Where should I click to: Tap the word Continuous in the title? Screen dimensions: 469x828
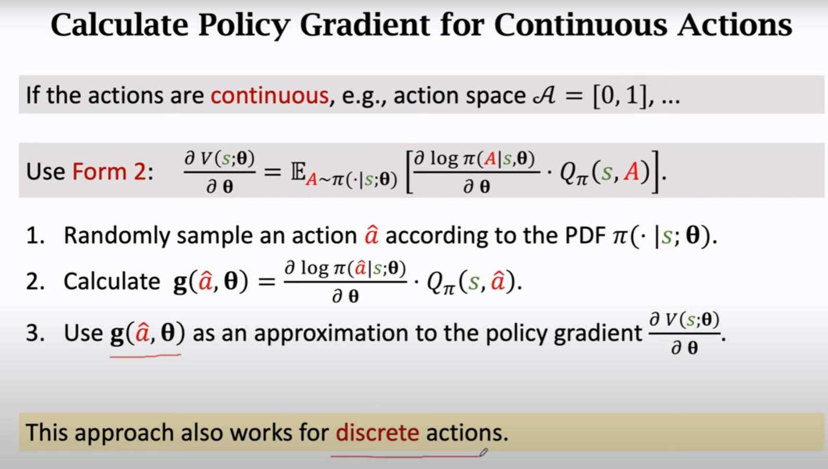580,25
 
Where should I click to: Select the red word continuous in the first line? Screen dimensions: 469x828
269,95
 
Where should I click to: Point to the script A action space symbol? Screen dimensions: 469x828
544,95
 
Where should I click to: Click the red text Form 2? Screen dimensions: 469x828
109,171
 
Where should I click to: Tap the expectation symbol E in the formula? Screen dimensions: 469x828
298,171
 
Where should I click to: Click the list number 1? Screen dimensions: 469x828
35,236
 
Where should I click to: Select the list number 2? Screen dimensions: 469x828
35,281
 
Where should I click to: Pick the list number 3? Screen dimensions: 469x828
35,333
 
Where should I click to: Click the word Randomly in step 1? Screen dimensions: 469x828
117,236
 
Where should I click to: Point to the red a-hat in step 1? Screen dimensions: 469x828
371,235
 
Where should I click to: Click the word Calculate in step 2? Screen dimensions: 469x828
112,281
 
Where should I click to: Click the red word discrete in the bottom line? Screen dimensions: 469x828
377,433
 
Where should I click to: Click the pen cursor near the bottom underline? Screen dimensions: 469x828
484,452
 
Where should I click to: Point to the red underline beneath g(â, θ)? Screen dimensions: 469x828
145,356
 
